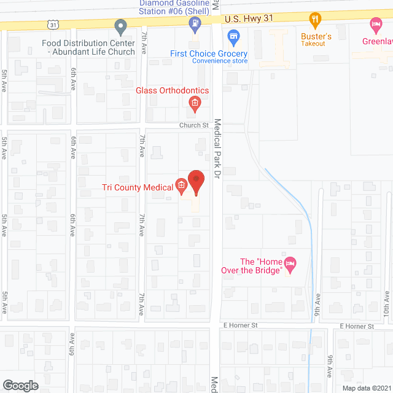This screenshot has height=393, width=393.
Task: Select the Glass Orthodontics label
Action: coord(172,91)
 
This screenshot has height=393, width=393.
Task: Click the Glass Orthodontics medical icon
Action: coord(195,103)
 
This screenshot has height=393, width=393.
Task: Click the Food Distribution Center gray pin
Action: coord(121,26)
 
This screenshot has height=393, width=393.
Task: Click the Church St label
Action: coord(194,125)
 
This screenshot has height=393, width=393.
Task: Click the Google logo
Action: coord(20,386)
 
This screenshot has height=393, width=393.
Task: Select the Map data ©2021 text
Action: coord(366,388)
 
